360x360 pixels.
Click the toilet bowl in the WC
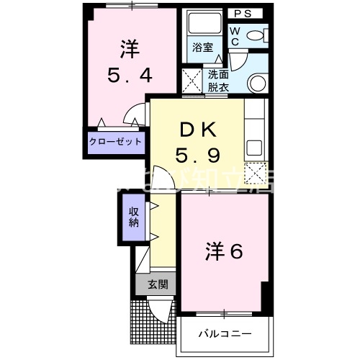pyautogui.click(x=256, y=35)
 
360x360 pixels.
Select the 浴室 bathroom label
pyautogui.click(x=202, y=48)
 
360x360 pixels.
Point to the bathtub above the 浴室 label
pyautogui.click(x=202, y=24)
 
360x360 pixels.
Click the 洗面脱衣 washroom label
pyautogui.click(x=218, y=79)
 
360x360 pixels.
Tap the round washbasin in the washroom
pyautogui.click(x=257, y=82)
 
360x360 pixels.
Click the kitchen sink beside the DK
pyautogui.click(x=254, y=147)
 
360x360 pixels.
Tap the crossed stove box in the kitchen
pyautogui.click(x=254, y=173)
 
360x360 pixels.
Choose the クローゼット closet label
pyautogui.click(x=115, y=142)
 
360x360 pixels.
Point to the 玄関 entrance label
pyautogui.click(x=158, y=284)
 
